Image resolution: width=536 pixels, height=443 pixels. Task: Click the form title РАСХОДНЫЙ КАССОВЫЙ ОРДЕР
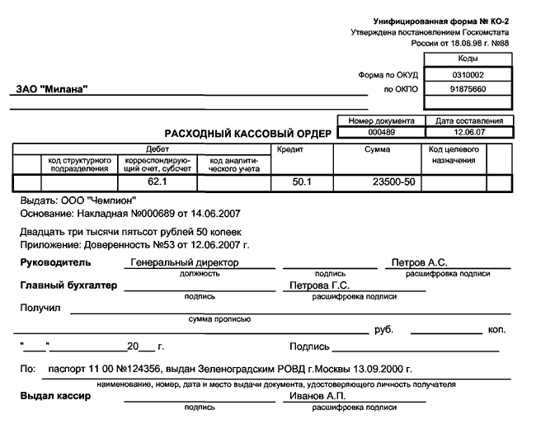[248, 134]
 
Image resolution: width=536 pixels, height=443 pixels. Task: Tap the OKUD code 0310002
[468, 74]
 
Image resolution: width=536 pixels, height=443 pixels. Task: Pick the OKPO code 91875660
[468, 88]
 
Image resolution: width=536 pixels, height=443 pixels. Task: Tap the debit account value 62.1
[157, 181]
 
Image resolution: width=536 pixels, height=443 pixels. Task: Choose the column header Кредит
[290, 150]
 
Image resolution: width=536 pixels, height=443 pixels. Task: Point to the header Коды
[468, 59]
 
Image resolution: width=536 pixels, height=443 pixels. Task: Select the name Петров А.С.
[419, 262]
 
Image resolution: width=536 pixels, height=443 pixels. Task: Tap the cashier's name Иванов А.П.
[313, 397]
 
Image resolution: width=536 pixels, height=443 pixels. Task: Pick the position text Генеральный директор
[185, 262]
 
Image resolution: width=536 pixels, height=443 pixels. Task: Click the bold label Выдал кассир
[55, 397]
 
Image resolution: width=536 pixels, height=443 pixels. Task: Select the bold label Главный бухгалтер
[68, 285]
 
